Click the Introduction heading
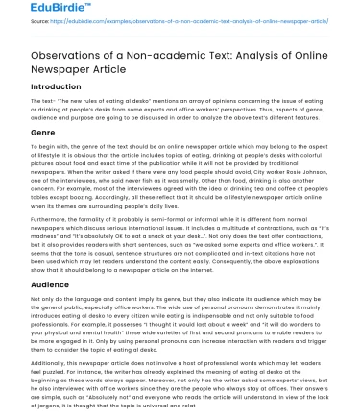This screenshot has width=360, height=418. pos(41,98)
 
